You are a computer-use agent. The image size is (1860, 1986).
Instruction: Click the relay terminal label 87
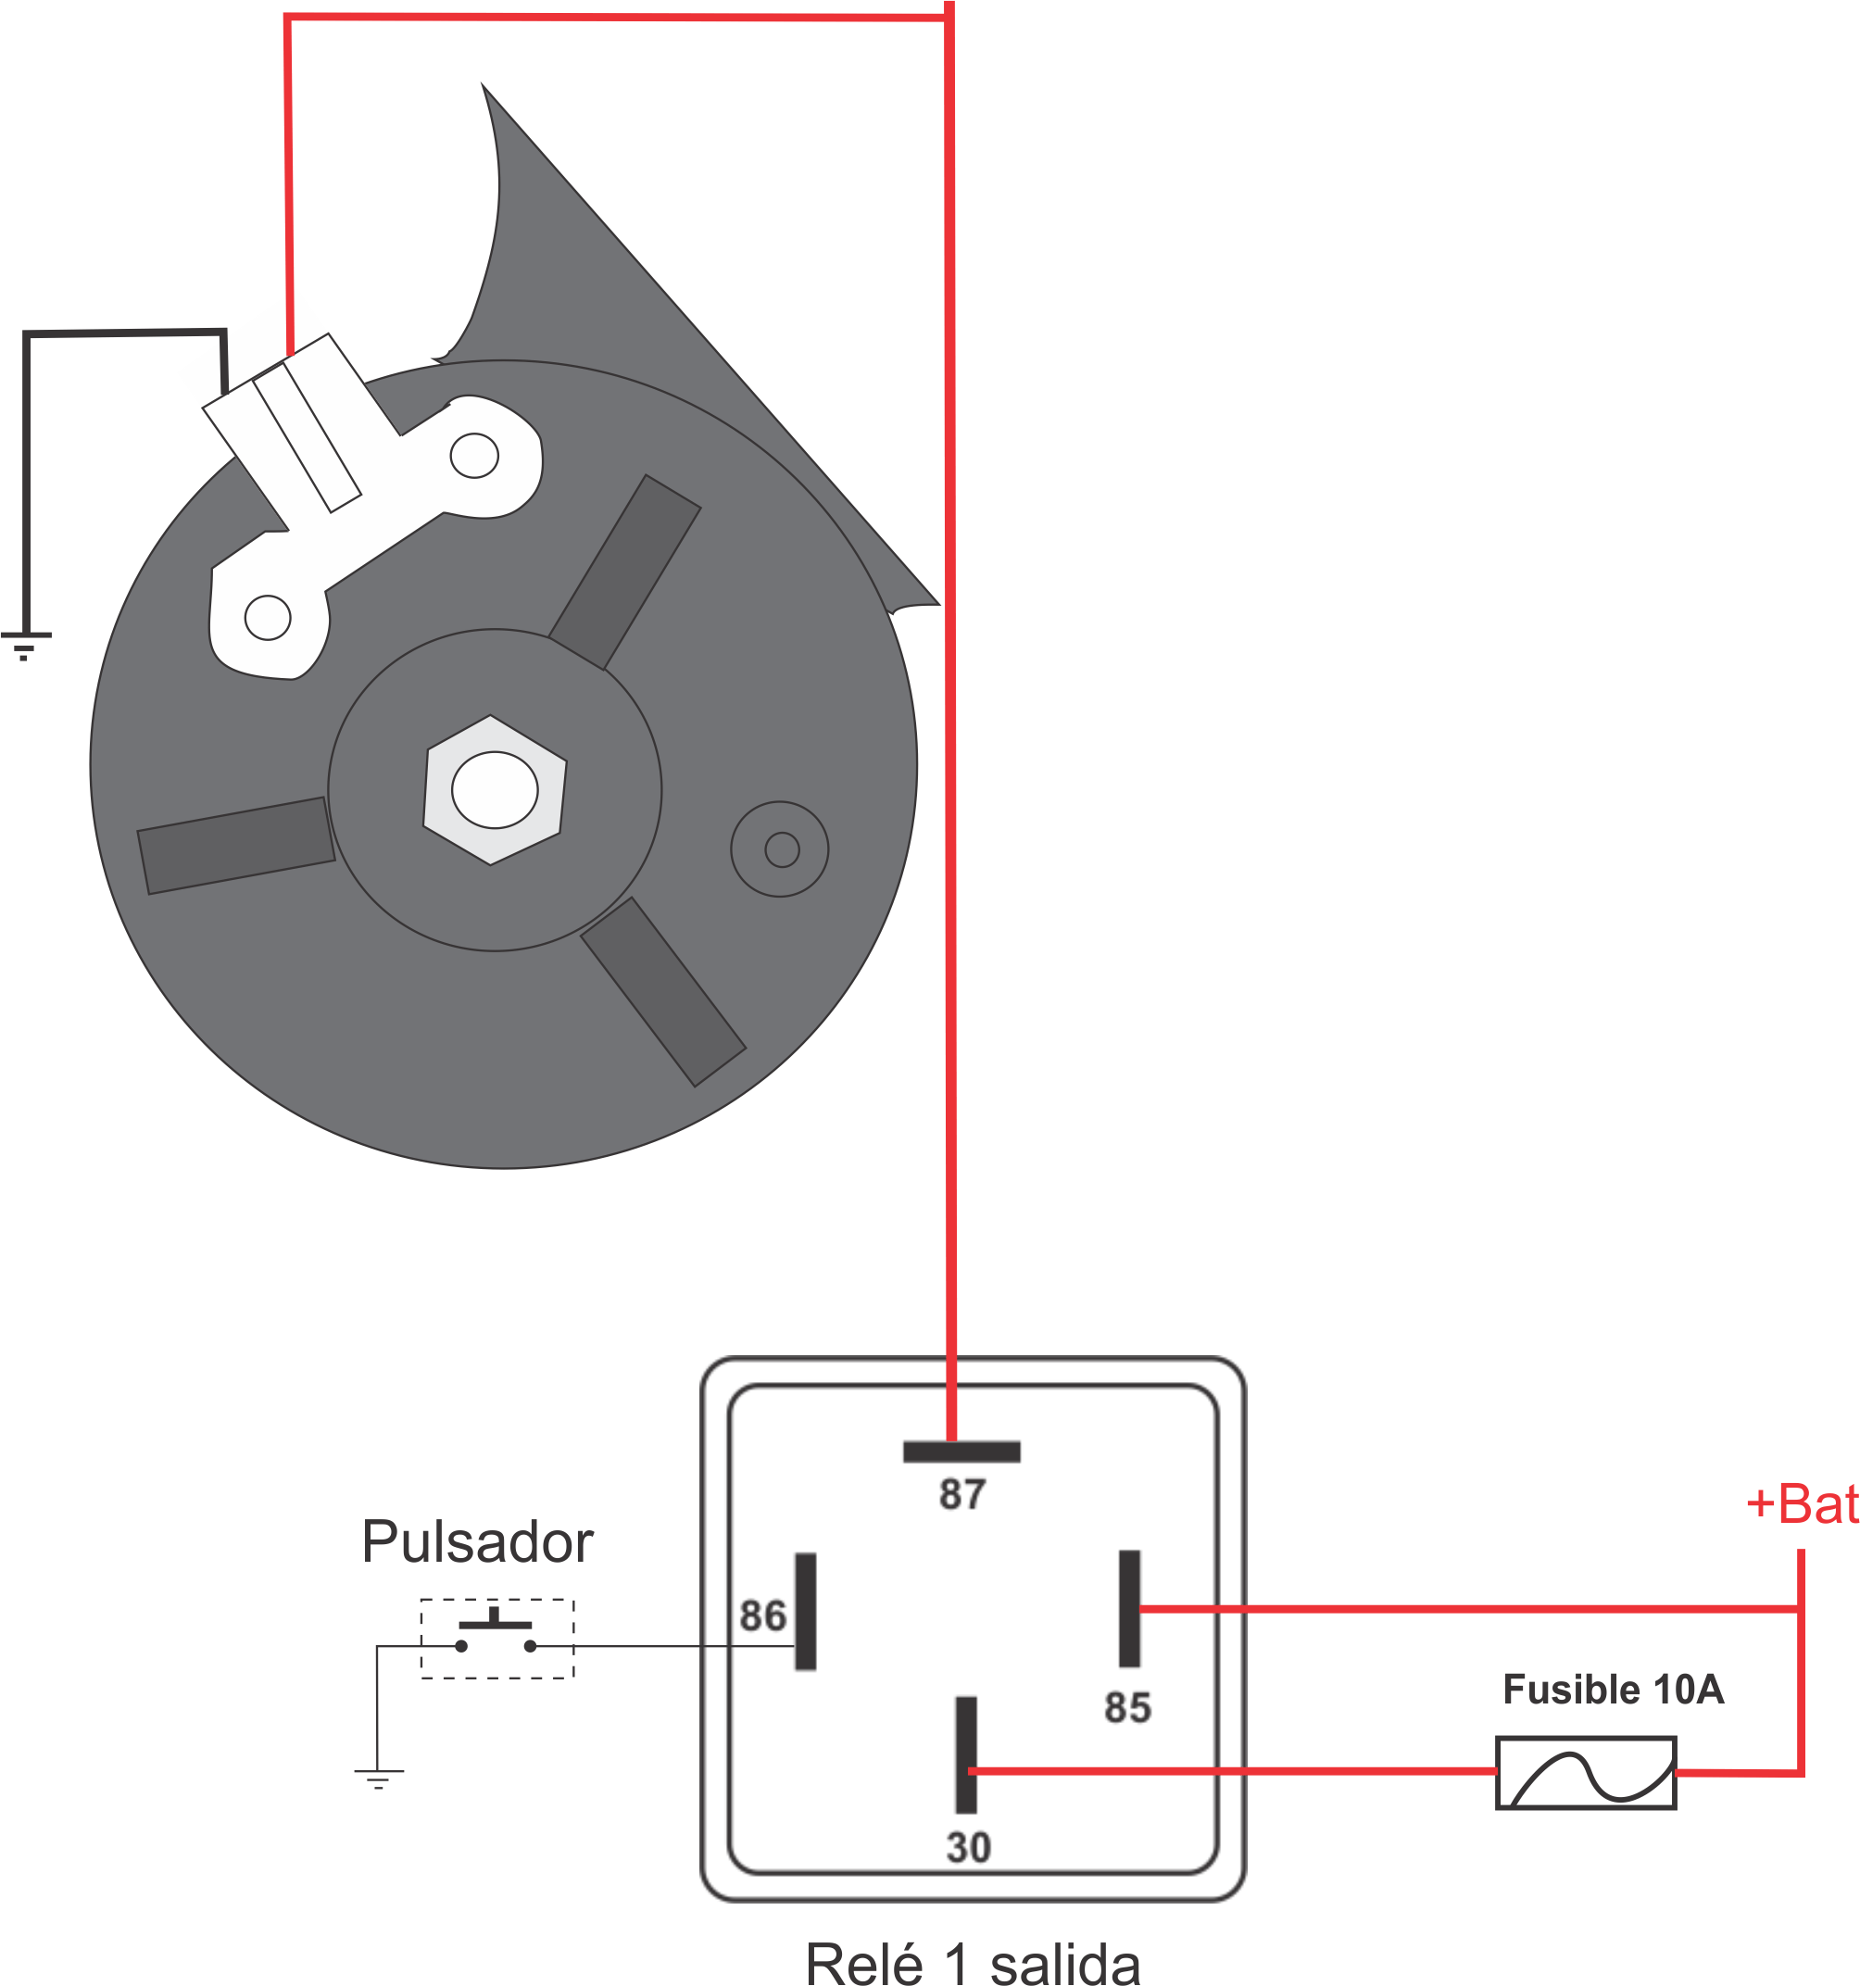[962, 1493]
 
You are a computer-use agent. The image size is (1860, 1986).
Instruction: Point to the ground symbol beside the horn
[25, 646]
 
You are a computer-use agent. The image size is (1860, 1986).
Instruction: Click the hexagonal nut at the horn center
[495, 789]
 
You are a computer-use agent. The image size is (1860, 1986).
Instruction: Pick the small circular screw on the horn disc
[779, 848]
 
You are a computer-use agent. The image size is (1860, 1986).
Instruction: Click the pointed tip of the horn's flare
[483, 83]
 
